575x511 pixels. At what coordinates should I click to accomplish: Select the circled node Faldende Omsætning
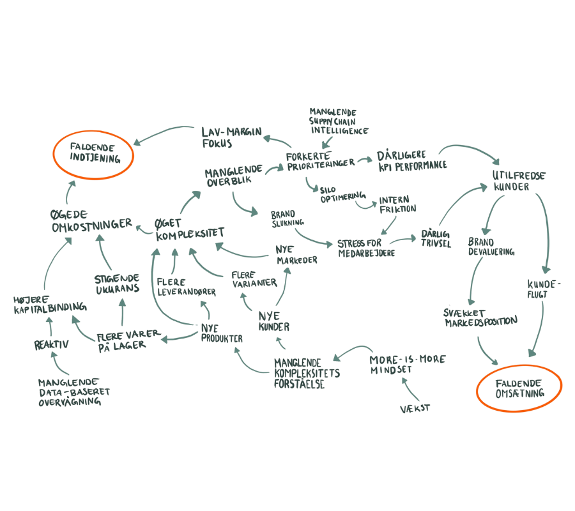click(519, 388)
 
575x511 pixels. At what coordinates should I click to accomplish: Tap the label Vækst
click(415, 407)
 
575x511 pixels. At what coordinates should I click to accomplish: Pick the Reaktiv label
click(51, 345)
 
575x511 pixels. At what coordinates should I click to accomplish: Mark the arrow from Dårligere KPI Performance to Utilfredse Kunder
click(473, 150)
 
